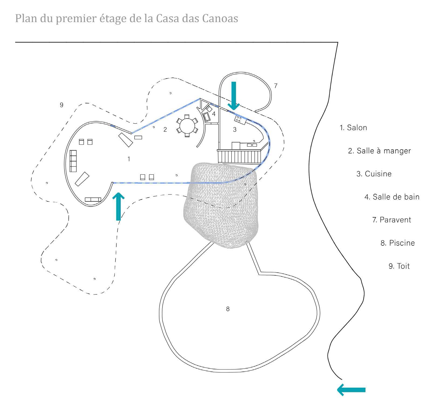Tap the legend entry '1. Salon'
[353, 127]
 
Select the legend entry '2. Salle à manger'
[379, 151]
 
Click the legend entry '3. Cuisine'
[374, 174]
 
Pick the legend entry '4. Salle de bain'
[392, 197]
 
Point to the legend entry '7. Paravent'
[392, 220]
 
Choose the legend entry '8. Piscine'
[398, 243]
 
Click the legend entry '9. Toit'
[399, 266]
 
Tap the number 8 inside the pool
[228, 309]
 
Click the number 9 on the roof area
[62, 105]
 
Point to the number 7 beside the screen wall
[276, 86]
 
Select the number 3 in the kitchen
[235, 130]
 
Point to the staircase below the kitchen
[240, 157]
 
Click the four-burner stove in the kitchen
[238, 119]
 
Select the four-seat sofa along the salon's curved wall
[73, 161]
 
